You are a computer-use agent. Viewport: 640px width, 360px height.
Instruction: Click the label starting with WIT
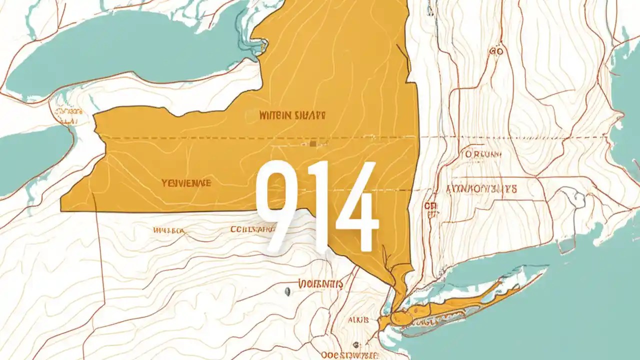pyautogui.click(x=292, y=115)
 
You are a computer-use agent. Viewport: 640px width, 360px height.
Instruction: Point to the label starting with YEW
pyautogui.click(x=186, y=183)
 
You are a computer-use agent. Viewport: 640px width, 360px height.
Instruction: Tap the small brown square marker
pyautogui.click(x=312, y=143)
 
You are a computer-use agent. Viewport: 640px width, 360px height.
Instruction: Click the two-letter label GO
pyautogui.click(x=496, y=51)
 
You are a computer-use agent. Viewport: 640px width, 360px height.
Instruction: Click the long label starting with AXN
pyautogui.click(x=481, y=189)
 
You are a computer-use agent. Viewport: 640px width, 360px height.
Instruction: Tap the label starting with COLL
pyautogui.click(x=252, y=229)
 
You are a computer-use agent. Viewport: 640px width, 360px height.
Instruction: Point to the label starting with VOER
pyautogui.click(x=320, y=284)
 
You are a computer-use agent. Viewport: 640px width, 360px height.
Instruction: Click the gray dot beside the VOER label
pyautogui.click(x=287, y=290)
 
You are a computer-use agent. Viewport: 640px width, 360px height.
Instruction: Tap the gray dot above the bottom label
pyautogui.click(x=355, y=344)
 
